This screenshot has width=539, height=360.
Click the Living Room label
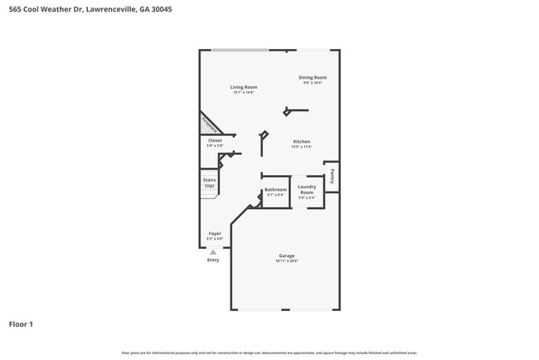click(x=243, y=87)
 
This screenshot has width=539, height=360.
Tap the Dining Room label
click(x=313, y=77)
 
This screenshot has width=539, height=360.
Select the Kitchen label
click(x=301, y=142)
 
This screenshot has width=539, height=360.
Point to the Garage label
click(x=286, y=255)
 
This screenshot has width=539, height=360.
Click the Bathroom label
click(x=274, y=190)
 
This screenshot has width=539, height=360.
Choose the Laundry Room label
click(x=306, y=190)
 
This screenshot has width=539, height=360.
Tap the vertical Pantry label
click(x=332, y=176)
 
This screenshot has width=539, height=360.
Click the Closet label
click(x=215, y=141)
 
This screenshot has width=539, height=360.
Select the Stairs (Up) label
click(x=209, y=182)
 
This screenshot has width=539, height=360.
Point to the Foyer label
click(x=215, y=234)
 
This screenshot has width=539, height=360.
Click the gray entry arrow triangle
click(x=213, y=251)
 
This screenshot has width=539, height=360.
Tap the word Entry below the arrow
click(x=213, y=260)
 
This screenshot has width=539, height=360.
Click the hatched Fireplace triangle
click(x=207, y=124)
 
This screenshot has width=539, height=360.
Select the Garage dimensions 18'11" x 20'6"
click(x=286, y=260)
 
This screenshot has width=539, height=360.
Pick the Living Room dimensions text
click(x=243, y=92)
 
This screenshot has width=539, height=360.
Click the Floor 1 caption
click(x=21, y=324)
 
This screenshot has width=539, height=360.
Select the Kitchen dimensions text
click(x=301, y=147)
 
